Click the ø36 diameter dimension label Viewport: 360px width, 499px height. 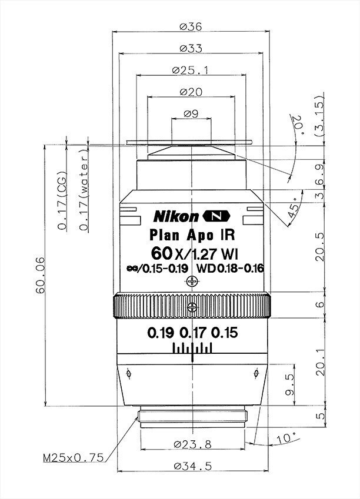pos(191,26)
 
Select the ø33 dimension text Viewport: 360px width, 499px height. pos(191,48)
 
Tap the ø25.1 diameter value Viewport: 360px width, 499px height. pos(190,70)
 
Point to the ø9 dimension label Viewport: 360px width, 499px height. pos(191,113)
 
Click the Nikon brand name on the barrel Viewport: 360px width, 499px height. pos(176,217)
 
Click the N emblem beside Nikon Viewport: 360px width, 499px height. pos(216,216)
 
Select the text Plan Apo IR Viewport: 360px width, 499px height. pos(192,235)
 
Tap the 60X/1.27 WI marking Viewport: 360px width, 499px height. pos(195,254)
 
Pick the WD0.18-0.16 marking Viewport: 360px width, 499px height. pos(230,269)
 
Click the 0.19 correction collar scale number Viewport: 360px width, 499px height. pos(161,333)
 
